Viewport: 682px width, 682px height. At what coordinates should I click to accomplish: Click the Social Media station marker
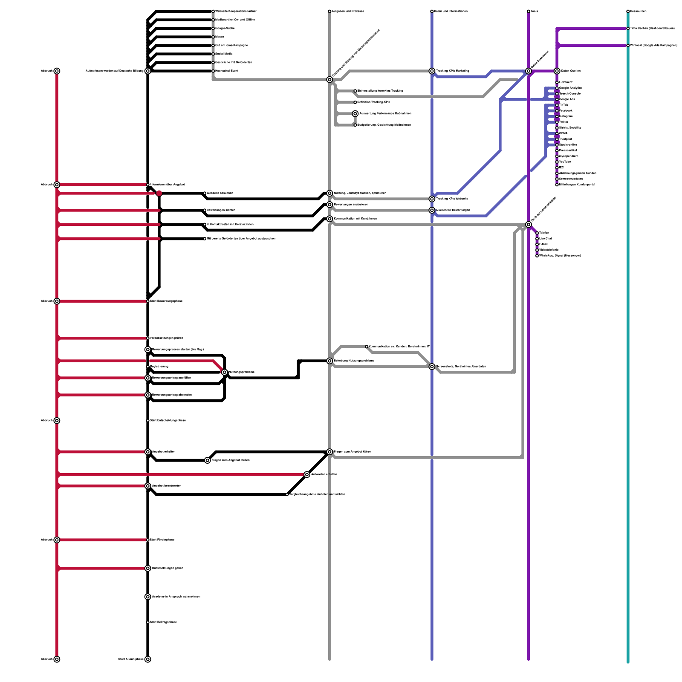213,54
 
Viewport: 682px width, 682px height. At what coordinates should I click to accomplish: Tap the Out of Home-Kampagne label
231,46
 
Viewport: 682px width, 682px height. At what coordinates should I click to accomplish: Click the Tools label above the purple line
535,12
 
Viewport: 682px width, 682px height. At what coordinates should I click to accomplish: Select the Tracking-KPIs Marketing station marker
432,71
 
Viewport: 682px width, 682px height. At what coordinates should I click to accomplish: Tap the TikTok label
564,105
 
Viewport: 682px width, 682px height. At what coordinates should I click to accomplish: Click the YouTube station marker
557,162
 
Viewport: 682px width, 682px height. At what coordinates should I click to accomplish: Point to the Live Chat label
545,239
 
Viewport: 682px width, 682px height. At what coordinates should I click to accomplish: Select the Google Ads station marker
557,99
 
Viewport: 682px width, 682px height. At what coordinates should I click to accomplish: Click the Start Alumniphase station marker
148,659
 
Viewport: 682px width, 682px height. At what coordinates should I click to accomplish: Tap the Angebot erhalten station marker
148,452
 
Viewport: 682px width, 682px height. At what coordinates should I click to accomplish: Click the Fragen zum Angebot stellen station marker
208,460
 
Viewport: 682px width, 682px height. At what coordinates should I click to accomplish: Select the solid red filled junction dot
159,193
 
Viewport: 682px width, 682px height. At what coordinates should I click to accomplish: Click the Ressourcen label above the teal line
638,12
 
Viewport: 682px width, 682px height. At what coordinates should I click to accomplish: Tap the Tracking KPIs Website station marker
432,199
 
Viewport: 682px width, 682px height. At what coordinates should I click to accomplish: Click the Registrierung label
159,367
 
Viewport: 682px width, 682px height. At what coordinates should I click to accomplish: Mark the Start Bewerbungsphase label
166,301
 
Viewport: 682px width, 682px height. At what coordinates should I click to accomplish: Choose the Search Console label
569,94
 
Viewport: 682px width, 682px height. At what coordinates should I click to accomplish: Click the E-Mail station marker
537,244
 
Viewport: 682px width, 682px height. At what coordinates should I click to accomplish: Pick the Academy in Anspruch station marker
148,597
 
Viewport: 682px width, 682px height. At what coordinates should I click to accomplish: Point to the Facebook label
566,111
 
